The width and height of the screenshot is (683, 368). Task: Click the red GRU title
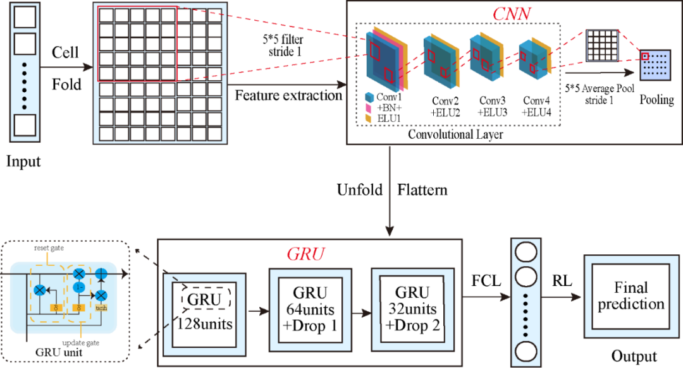(x=306, y=254)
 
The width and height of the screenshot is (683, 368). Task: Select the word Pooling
(x=656, y=100)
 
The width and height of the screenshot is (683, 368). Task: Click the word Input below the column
(x=23, y=162)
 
